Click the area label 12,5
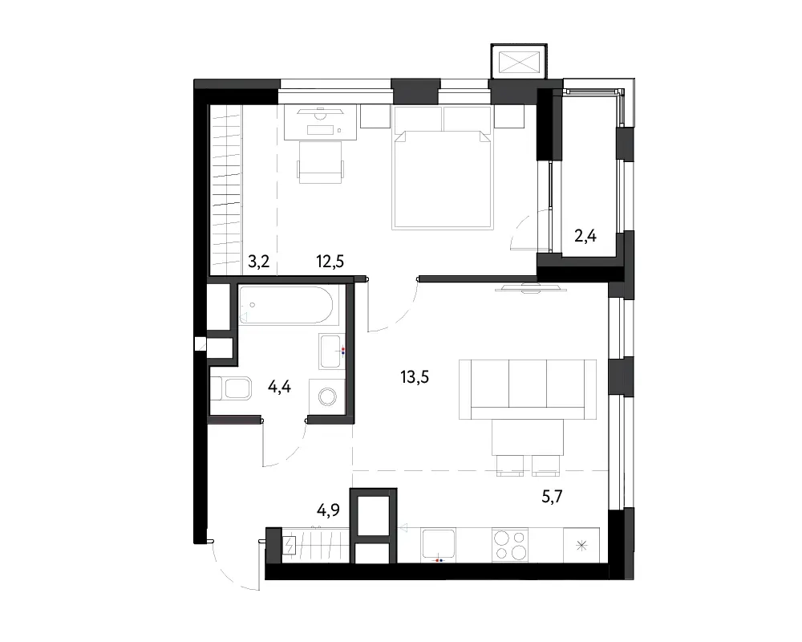tap(330, 262)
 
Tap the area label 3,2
tap(259, 262)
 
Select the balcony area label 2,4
tap(585, 236)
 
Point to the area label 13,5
tap(415, 377)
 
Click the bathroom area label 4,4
tap(279, 387)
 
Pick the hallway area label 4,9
tap(328, 510)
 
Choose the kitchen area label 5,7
tap(553, 496)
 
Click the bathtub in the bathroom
tap(289, 305)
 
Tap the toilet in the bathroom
tap(231, 388)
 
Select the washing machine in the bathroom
tap(327, 396)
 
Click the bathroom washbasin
tap(331, 351)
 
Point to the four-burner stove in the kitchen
tap(510, 545)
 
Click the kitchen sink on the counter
tap(439, 545)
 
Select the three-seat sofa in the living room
tap(528, 389)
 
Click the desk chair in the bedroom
tap(321, 162)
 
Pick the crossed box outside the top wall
tap(519, 63)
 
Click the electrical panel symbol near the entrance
tap(290, 546)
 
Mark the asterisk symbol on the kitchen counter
tap(581, 545)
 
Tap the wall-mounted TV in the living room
tap(532, 289)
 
